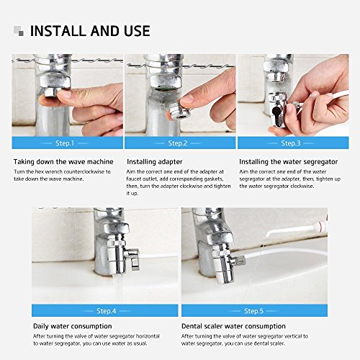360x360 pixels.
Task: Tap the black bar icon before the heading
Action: (17, 31)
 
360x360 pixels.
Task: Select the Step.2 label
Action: (179, 143)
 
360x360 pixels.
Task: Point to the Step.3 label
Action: (292, 143)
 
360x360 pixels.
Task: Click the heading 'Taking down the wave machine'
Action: (63, 162)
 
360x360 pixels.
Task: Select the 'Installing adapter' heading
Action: (156, 162)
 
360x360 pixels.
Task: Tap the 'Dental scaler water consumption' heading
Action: (234, 326)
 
